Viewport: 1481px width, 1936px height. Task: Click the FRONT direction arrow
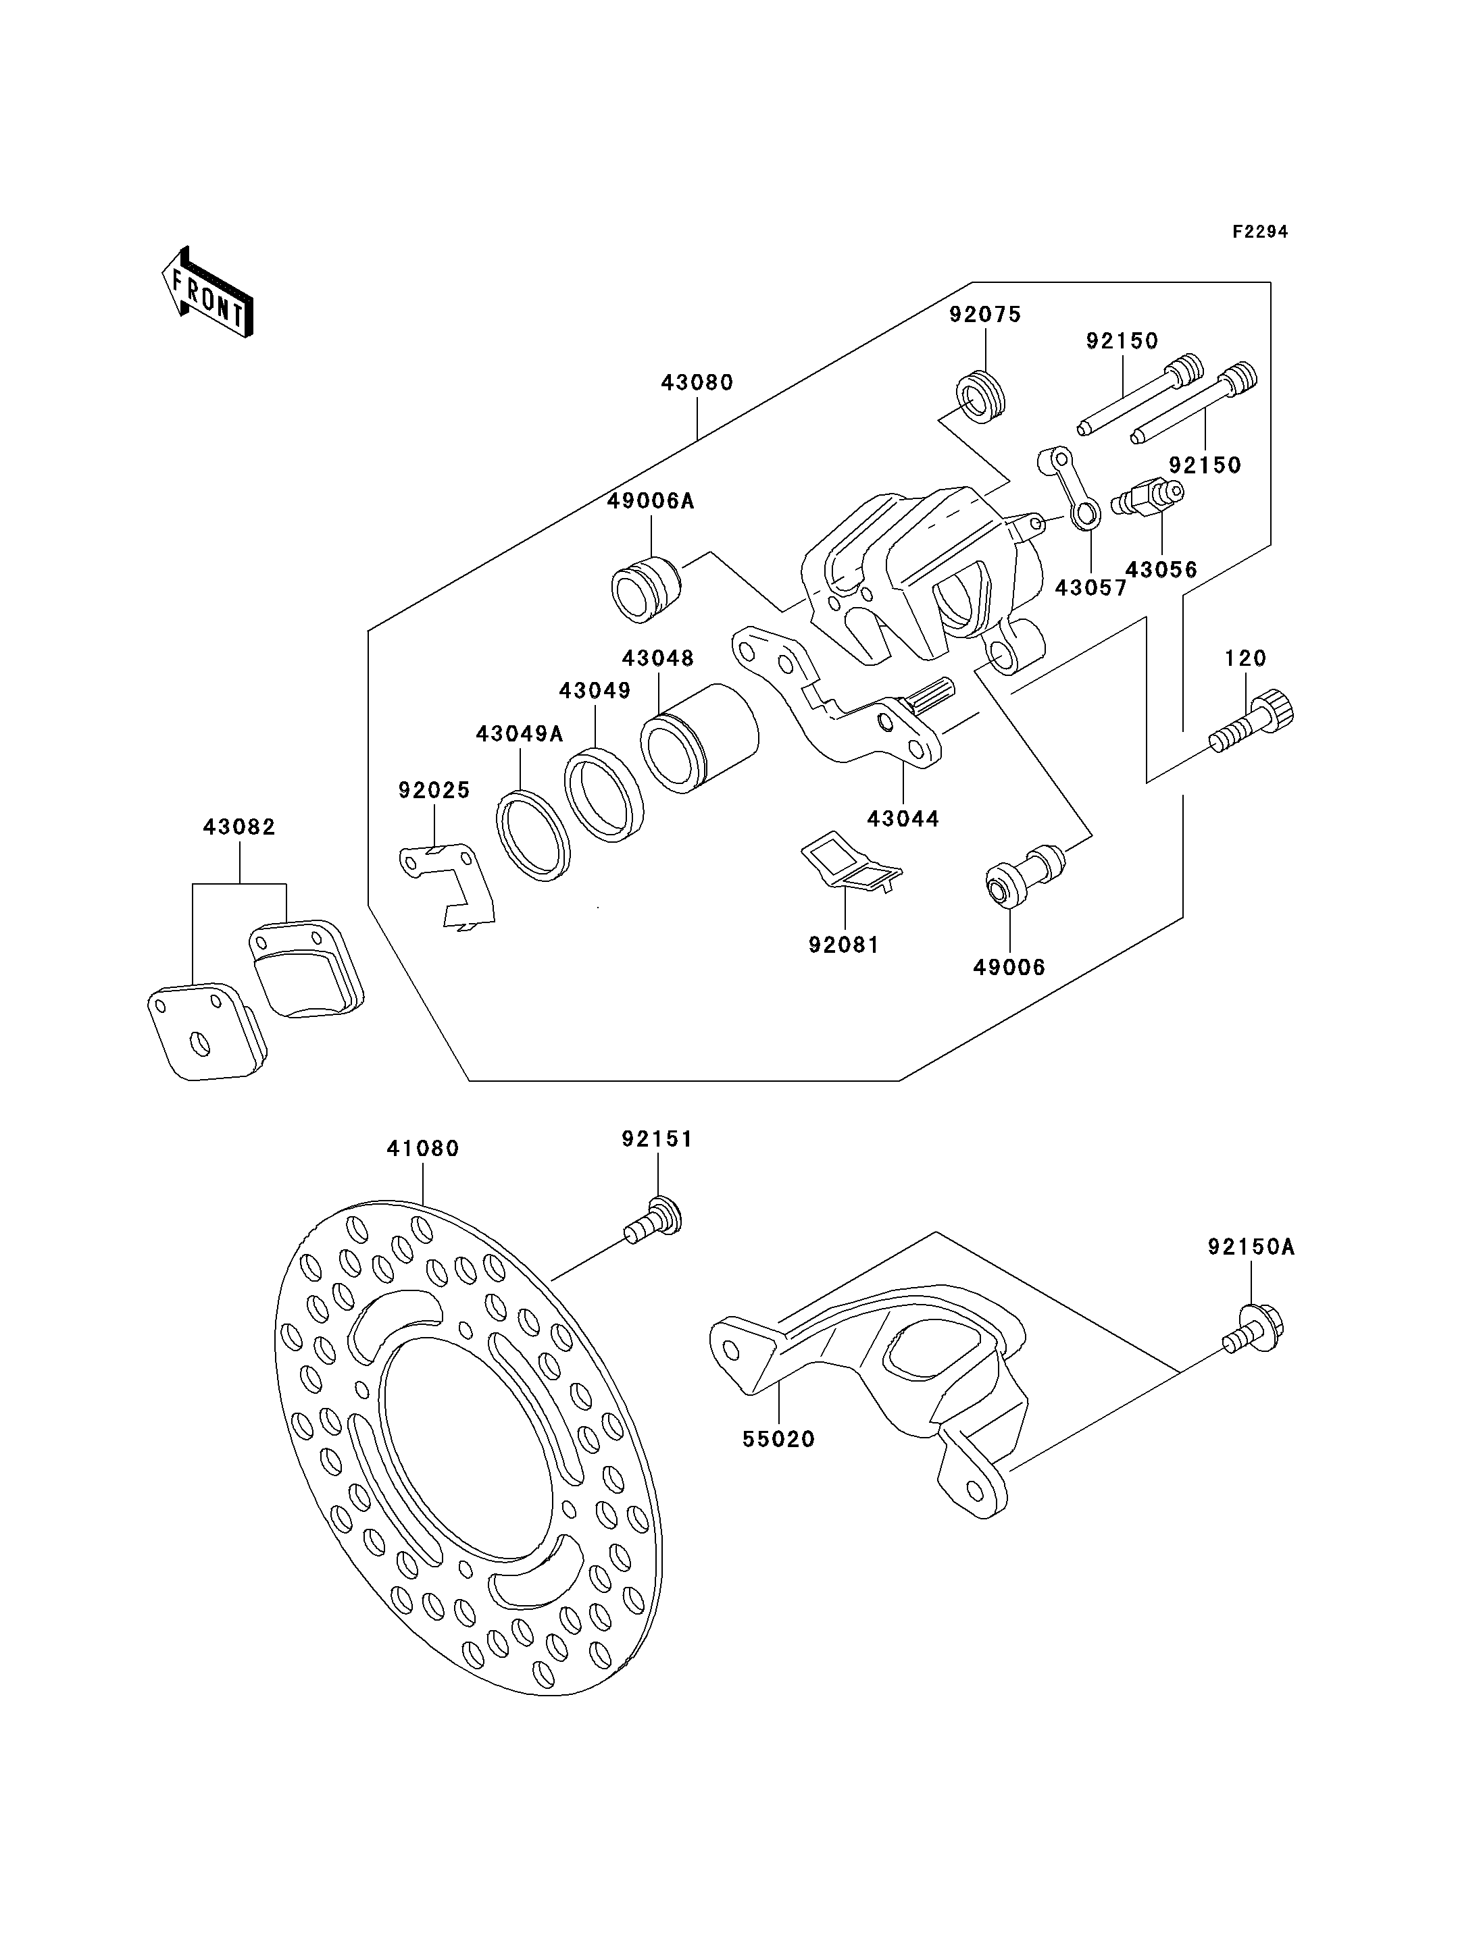[207, 294]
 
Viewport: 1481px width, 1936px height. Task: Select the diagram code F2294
[1260, 232]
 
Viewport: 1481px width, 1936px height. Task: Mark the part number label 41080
[423, 1148]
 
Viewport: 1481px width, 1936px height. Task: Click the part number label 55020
[778, 1439]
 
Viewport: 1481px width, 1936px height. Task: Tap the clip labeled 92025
[447, 885]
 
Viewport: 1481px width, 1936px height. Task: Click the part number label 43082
[240, 827]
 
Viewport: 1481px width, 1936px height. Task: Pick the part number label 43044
[903, 818]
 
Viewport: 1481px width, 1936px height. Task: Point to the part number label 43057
[1091, 587]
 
